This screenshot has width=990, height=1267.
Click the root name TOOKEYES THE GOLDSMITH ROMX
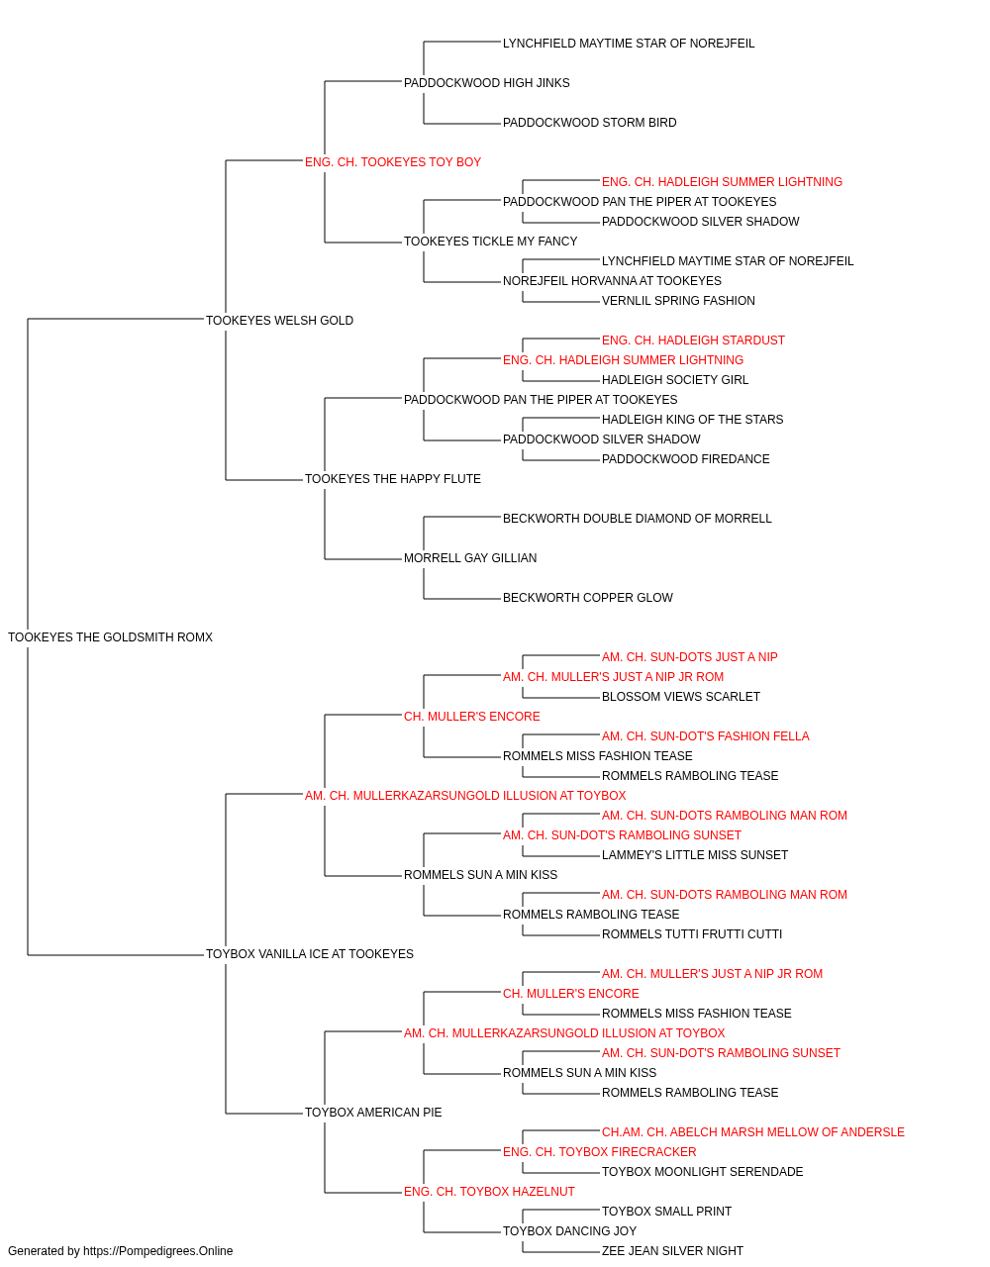(110, 637)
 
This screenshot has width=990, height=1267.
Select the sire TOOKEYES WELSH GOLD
(279, 321)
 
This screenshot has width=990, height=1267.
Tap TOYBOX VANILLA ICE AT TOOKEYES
(310, 954)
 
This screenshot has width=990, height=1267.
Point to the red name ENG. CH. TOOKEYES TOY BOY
(393, 162)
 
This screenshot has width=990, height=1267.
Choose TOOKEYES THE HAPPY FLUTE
(393, 479)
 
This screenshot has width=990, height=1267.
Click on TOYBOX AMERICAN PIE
(373, 1113)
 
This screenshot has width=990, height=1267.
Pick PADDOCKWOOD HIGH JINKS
(487, 83)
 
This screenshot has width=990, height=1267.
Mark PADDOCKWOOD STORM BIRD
(589, 123)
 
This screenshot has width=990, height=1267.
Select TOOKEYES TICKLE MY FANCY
(490, 242)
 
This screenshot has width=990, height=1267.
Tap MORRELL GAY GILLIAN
(470, 558)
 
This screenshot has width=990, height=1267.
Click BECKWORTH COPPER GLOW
(588, 598)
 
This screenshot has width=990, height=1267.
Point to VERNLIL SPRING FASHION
(678, 301)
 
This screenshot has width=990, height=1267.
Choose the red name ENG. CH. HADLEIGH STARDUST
(693, 341)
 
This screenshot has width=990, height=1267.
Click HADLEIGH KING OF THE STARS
(693, 420)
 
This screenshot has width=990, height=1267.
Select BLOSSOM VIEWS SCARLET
(681, 697)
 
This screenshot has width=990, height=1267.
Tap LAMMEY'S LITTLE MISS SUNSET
(695, 855)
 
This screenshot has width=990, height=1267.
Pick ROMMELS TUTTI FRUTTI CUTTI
(692, 934)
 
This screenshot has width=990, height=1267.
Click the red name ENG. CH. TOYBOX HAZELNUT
(489, 1192)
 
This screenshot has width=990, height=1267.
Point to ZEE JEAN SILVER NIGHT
(672, 1251)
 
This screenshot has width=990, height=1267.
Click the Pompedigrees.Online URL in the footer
(158, 1251)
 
